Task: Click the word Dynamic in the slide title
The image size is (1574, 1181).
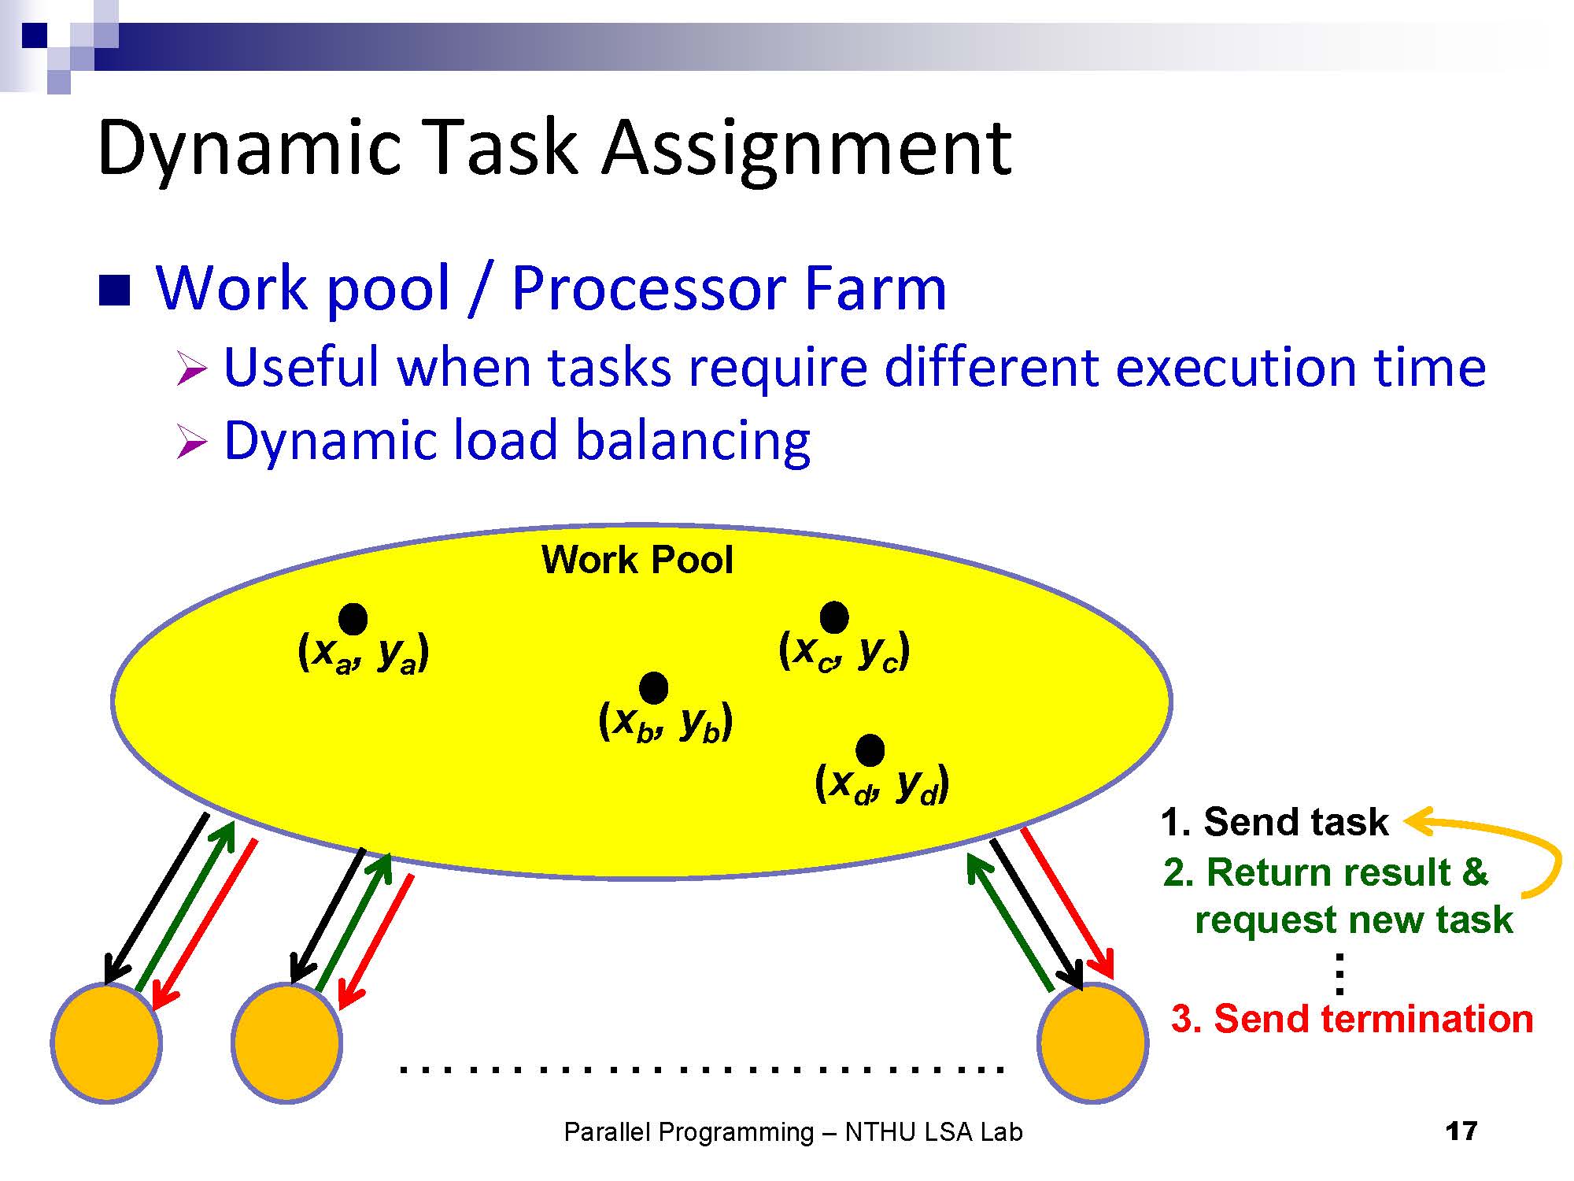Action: [249, 148]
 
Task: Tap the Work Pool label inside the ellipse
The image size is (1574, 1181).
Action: [637, 560]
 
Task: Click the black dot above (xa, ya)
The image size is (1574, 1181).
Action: [353, 620]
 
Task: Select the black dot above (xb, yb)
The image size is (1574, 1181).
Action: [654, 688]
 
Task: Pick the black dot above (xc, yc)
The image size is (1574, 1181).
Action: [834, 617]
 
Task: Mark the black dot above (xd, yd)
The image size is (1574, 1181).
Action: [870, 750]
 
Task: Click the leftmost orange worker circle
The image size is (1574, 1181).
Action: [106, 1042]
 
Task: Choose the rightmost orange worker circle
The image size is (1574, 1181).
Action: [1092, 1042]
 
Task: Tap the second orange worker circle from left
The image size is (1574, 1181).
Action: [286, 1042]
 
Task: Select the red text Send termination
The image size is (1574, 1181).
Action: [1373, 1019]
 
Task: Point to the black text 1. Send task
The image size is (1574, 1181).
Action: [1275, 822]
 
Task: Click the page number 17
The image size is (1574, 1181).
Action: [1461, 1131]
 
